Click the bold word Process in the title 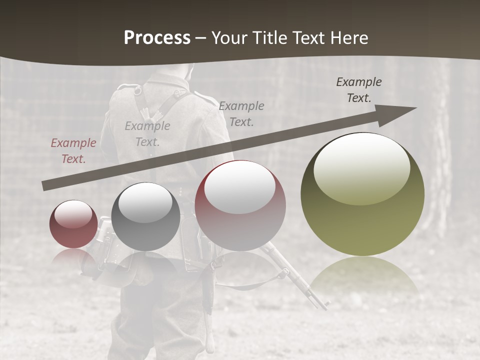click(x=157, y=38)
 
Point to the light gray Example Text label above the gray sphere click(x=147, y=134)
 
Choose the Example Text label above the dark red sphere click(x=241, y=113)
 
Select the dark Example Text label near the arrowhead click(x=358, y=90)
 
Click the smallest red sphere click(x=73, y=224)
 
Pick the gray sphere click(x=145, y=217)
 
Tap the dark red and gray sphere click(x=240, y=206)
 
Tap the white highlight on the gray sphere click(x=145, y=202)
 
